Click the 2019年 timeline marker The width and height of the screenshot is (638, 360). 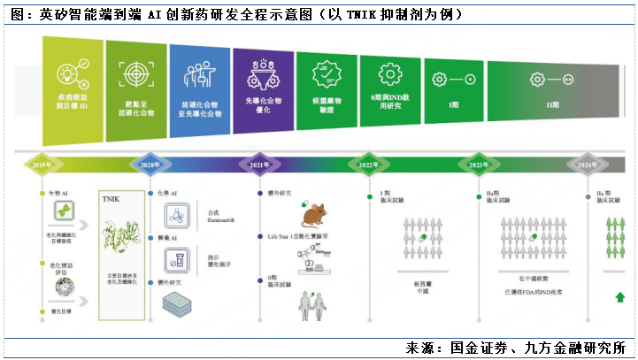pos(41,165)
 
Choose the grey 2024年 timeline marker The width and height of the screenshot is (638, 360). pos(587,165)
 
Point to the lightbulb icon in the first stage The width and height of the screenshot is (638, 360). pos(69,73)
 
